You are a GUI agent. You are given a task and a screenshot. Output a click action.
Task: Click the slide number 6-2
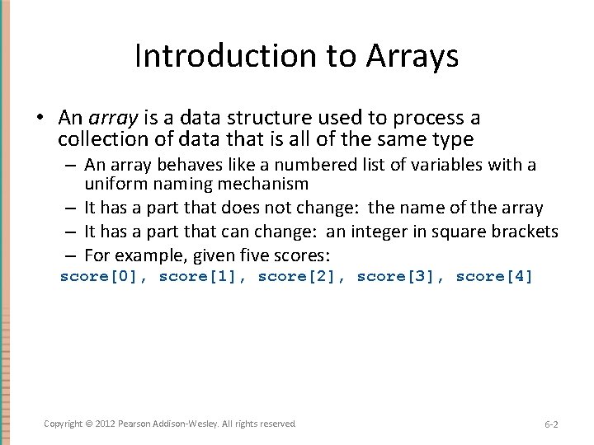pos(551,424)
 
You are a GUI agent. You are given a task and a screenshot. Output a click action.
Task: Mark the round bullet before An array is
pos(40,119)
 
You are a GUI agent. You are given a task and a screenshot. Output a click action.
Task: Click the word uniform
pos(114,184)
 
